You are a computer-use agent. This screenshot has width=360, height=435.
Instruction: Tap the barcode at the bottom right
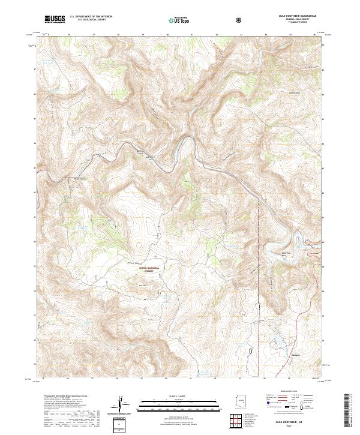(x=347, y=410)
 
